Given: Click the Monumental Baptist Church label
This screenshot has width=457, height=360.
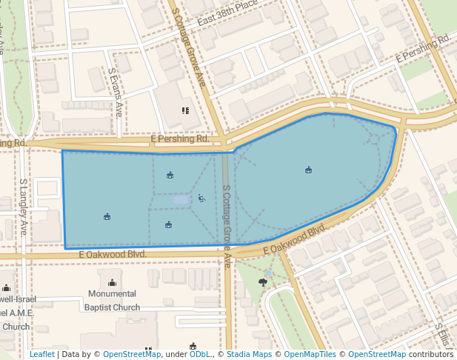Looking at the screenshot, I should pos(112,301).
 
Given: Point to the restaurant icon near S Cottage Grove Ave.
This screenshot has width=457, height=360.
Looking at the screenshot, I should pos(185,110).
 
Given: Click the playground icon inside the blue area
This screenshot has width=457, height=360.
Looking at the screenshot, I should pos(201,198).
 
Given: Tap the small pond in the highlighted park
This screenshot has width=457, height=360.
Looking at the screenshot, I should pos(181,200).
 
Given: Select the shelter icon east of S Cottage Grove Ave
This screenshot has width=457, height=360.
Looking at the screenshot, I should pos(308,170).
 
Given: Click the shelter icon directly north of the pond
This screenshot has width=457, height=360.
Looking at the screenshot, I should pos(170,176).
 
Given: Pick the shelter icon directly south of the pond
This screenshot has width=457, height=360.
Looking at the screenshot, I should pos(169,225).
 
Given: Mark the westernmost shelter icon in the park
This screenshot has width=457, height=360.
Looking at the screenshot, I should pos(107,216).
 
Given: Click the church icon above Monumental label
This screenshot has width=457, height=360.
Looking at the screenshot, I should pos(112,282).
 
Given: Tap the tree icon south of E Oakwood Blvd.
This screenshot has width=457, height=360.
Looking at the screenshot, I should pos(263,282).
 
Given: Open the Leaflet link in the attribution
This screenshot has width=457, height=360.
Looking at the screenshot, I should pos(42,354).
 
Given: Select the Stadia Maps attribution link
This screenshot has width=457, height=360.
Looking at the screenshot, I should pos(249,354).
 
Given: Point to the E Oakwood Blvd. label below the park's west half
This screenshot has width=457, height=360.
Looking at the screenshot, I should pos(113,254).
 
